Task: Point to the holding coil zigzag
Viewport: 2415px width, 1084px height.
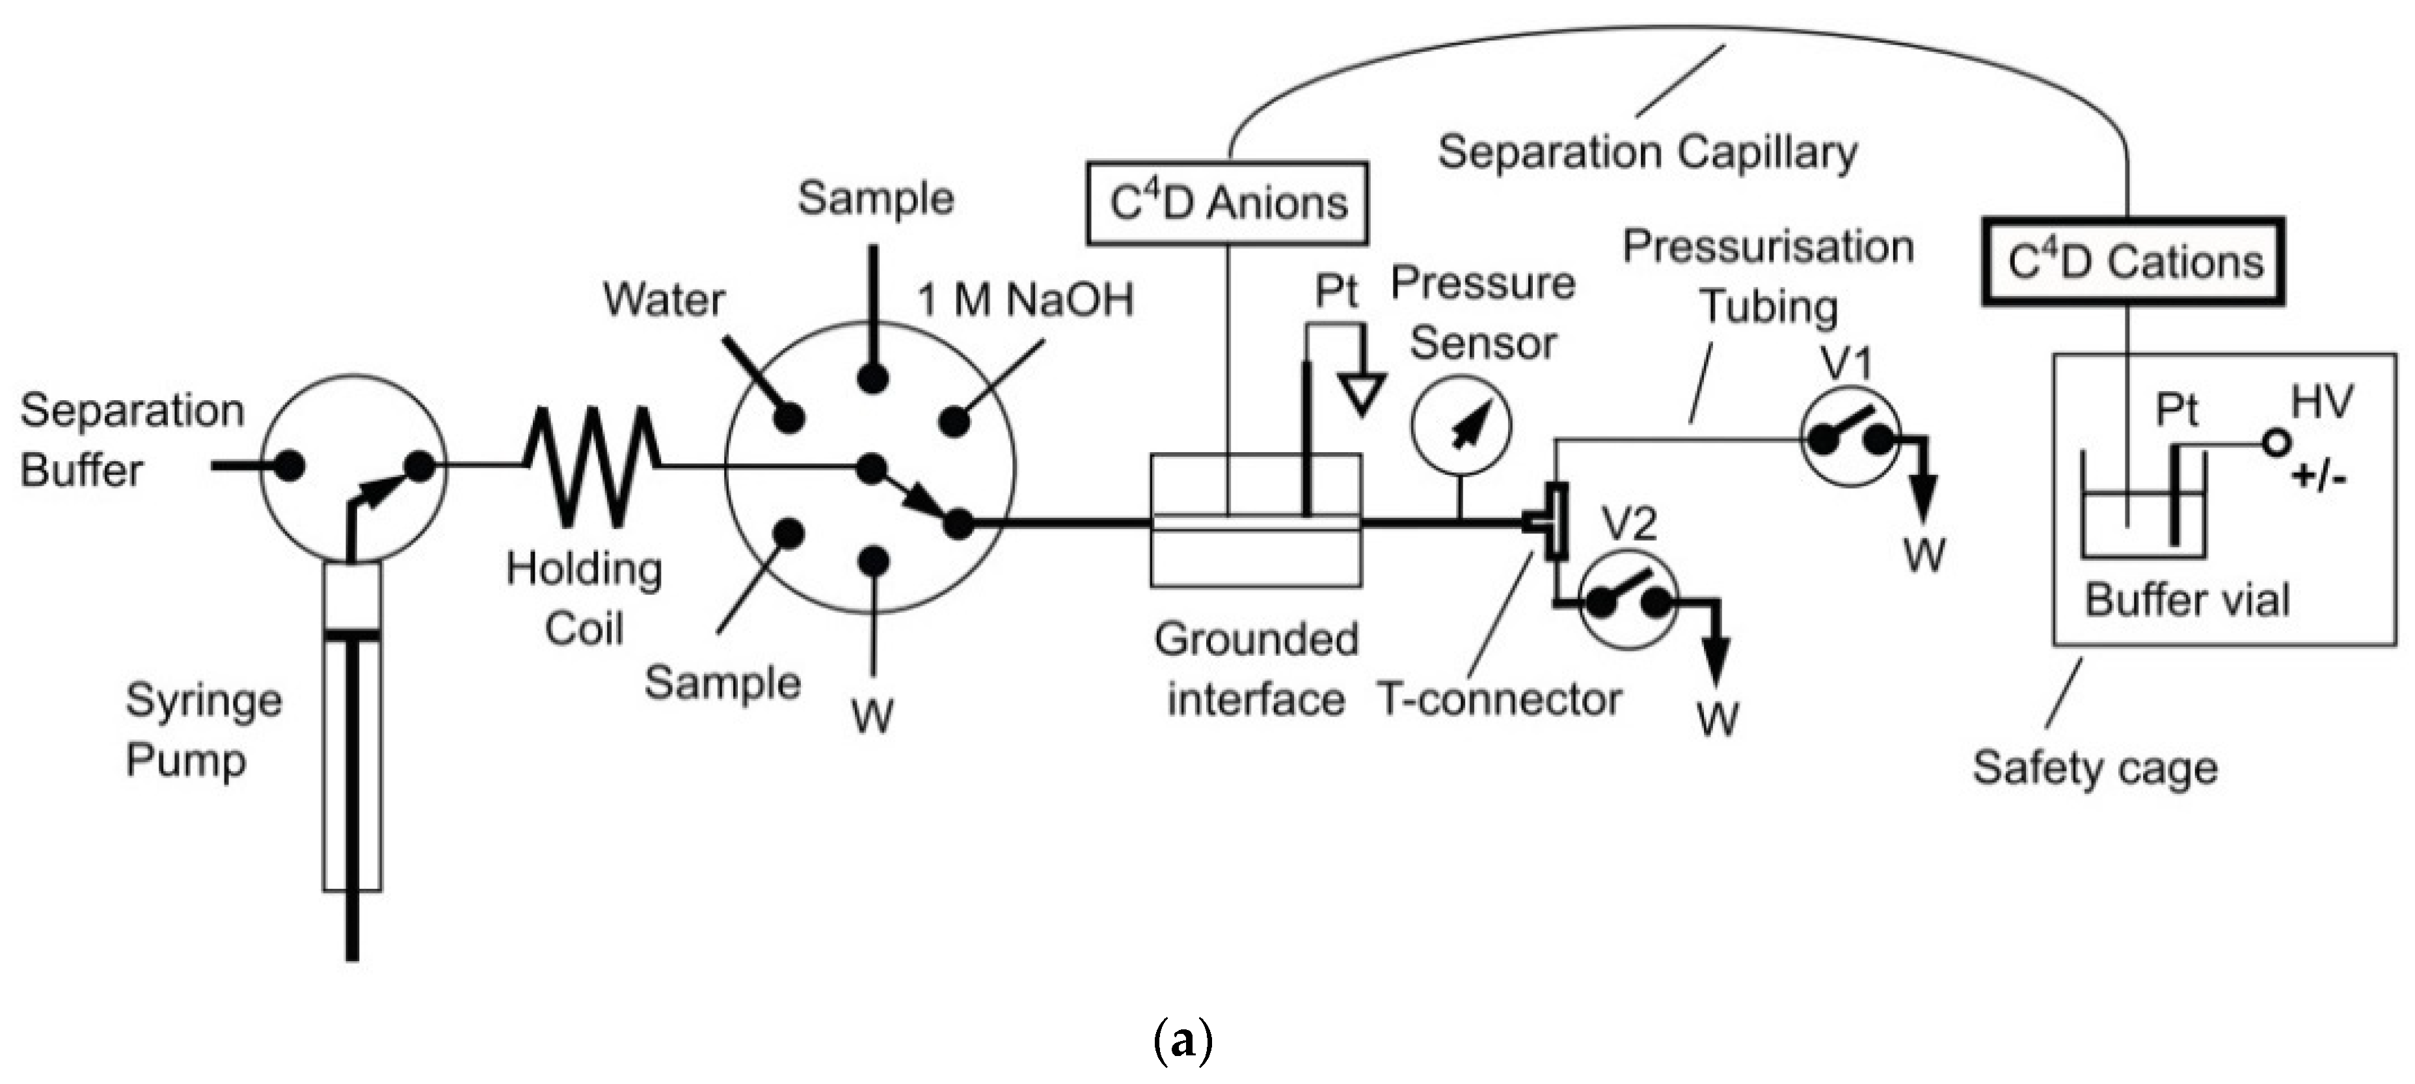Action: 591,465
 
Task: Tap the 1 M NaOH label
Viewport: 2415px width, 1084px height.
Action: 1025,300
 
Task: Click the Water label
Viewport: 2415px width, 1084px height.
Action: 664,300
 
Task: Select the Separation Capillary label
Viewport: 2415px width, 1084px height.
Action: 1647,152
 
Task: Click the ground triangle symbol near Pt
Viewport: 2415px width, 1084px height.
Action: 1361,395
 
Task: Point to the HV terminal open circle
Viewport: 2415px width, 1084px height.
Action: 2276,442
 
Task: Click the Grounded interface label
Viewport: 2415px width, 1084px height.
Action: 1256,670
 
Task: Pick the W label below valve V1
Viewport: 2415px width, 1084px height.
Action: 1924,555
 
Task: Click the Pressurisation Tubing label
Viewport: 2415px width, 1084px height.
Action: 1768,277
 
